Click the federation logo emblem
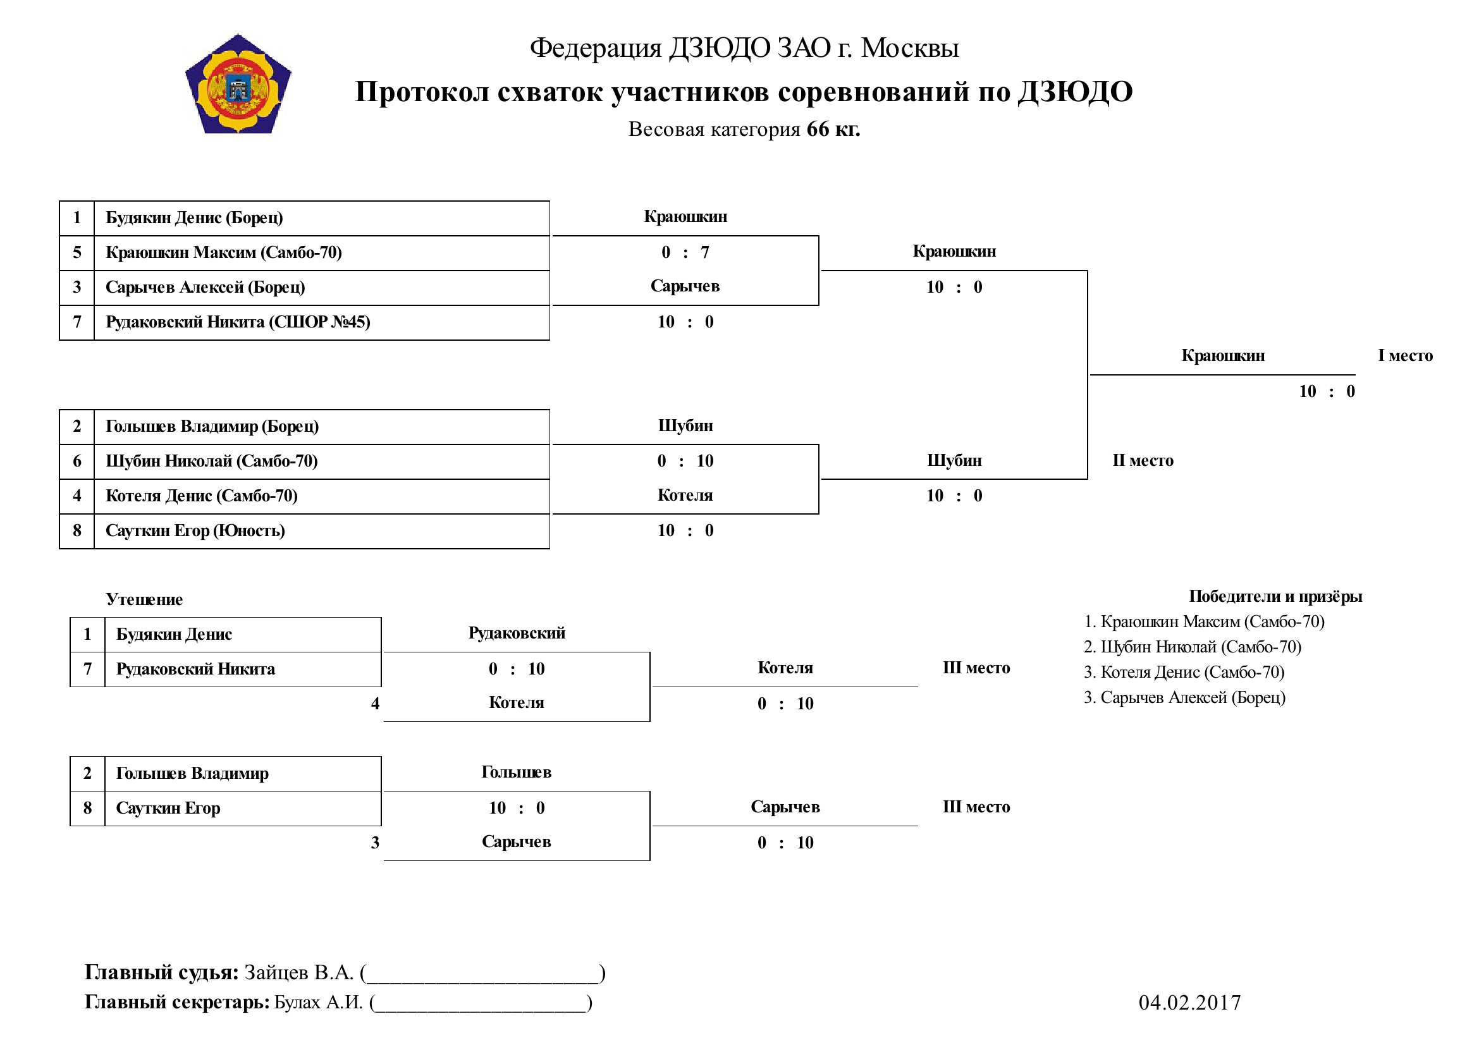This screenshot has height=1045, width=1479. pyautogui.click(x=238, y=84)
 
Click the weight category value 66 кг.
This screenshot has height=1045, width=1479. pyautogui.click(x=833, y=129)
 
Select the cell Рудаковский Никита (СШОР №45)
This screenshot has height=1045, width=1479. pyautogui.click(x=321, y=322)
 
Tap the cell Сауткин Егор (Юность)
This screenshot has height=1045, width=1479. pyautogui.click(x=321, y=530)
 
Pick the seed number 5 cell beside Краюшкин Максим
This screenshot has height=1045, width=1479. pyautogui.click(x=77, y=252)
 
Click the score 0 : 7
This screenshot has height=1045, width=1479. pyautogui.click(x=685, y=252)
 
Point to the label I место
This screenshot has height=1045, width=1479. pyautogui.click(x=1406, y=355)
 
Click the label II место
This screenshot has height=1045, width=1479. pyautogui.click(x=1143, y=460)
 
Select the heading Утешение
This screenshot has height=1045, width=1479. pyautogui.click(x=144, y=599)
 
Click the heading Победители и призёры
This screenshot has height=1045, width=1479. pyautogui.click(x=1275, y=596)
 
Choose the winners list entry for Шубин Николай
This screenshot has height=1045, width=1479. pyautogui.click(x=1193, y=647)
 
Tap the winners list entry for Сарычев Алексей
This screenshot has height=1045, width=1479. pyautogui.click(x=1184, y=697)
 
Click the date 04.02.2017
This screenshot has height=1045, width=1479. pyautogui.click(x=1190, y=1003)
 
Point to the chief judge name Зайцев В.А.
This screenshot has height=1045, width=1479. pyautogui.click(x=299, y=972)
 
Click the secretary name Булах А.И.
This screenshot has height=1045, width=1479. pyautogui.click(x=319, y=1002)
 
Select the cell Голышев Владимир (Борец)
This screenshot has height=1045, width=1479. pyautogui.click(x=321, y=426)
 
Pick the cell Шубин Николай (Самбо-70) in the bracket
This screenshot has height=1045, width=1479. pyautogui.click(x=321, y=461)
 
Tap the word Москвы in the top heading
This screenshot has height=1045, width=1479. pyautogui.click(x=910, y=47)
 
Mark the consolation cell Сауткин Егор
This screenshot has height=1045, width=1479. pyautogui.click(x=243, y=808)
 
